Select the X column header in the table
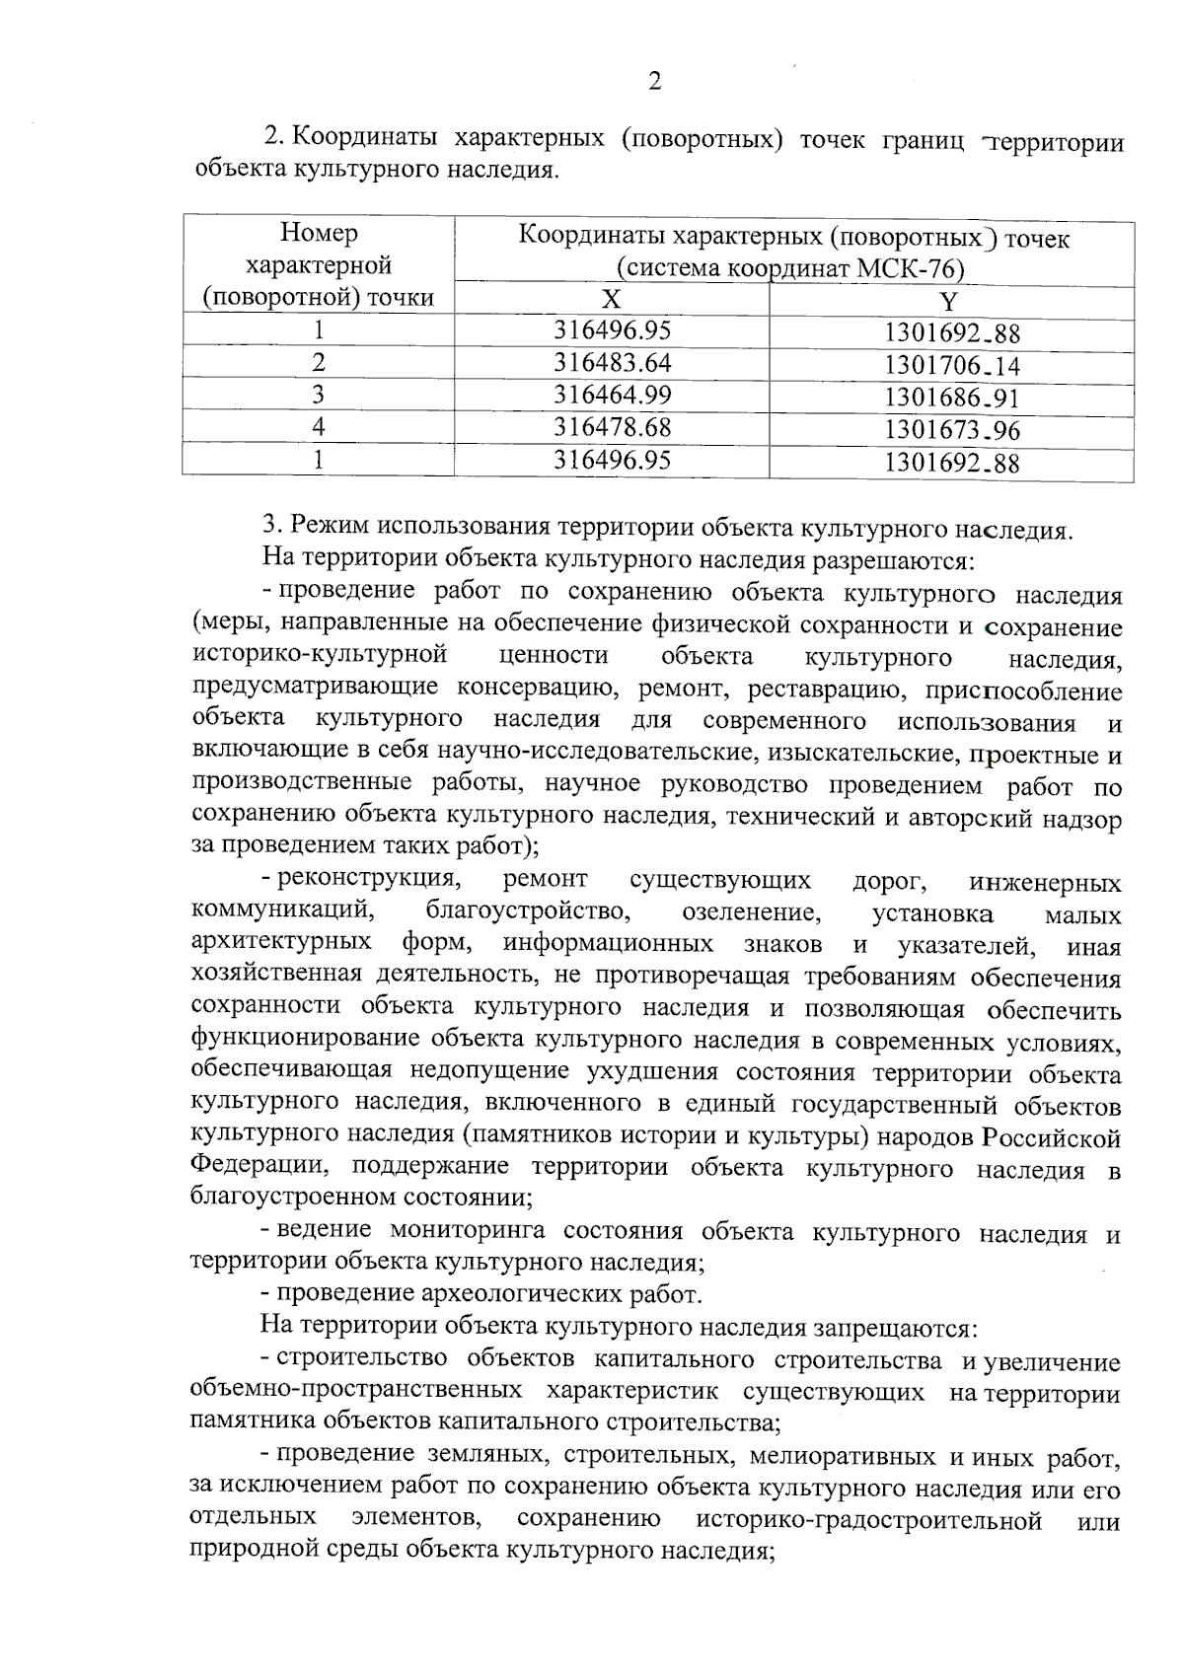pyautogui.click(x=612, y=300)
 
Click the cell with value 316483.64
pyautogui.click(x=612, y=362)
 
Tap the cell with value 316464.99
pyautogui.click(x=612, y=395)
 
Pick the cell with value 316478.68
pyautogui.click(x=612, y=427)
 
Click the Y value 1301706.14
pyautogui.click(x=951, y=366)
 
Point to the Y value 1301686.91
pyautogui.click(x=951, y=399)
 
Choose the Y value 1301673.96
pyautogui.click(x=951, y=430)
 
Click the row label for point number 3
pyautogui.click(x=318, y=395)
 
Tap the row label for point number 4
pyautogui.click(x=318, y=427)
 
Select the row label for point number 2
pyautogui.click(x=318, y=362)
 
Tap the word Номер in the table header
pyautogui.click(x=319, y=233)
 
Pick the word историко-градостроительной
pyautogui.click(x=868, y=1519)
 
